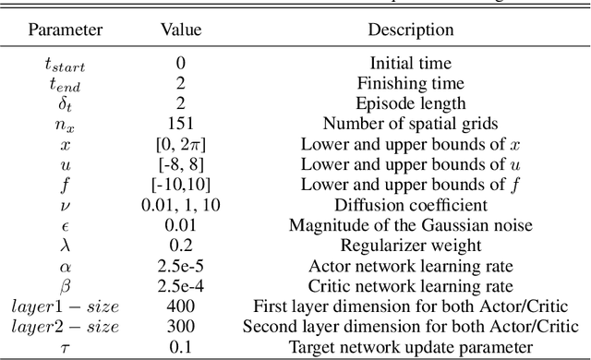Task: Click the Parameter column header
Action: click(64, 30)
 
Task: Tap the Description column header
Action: click(411, 30)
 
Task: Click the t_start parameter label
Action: click(64, 63)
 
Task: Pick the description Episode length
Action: click(411, 102)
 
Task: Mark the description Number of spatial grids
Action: click(411, 121)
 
